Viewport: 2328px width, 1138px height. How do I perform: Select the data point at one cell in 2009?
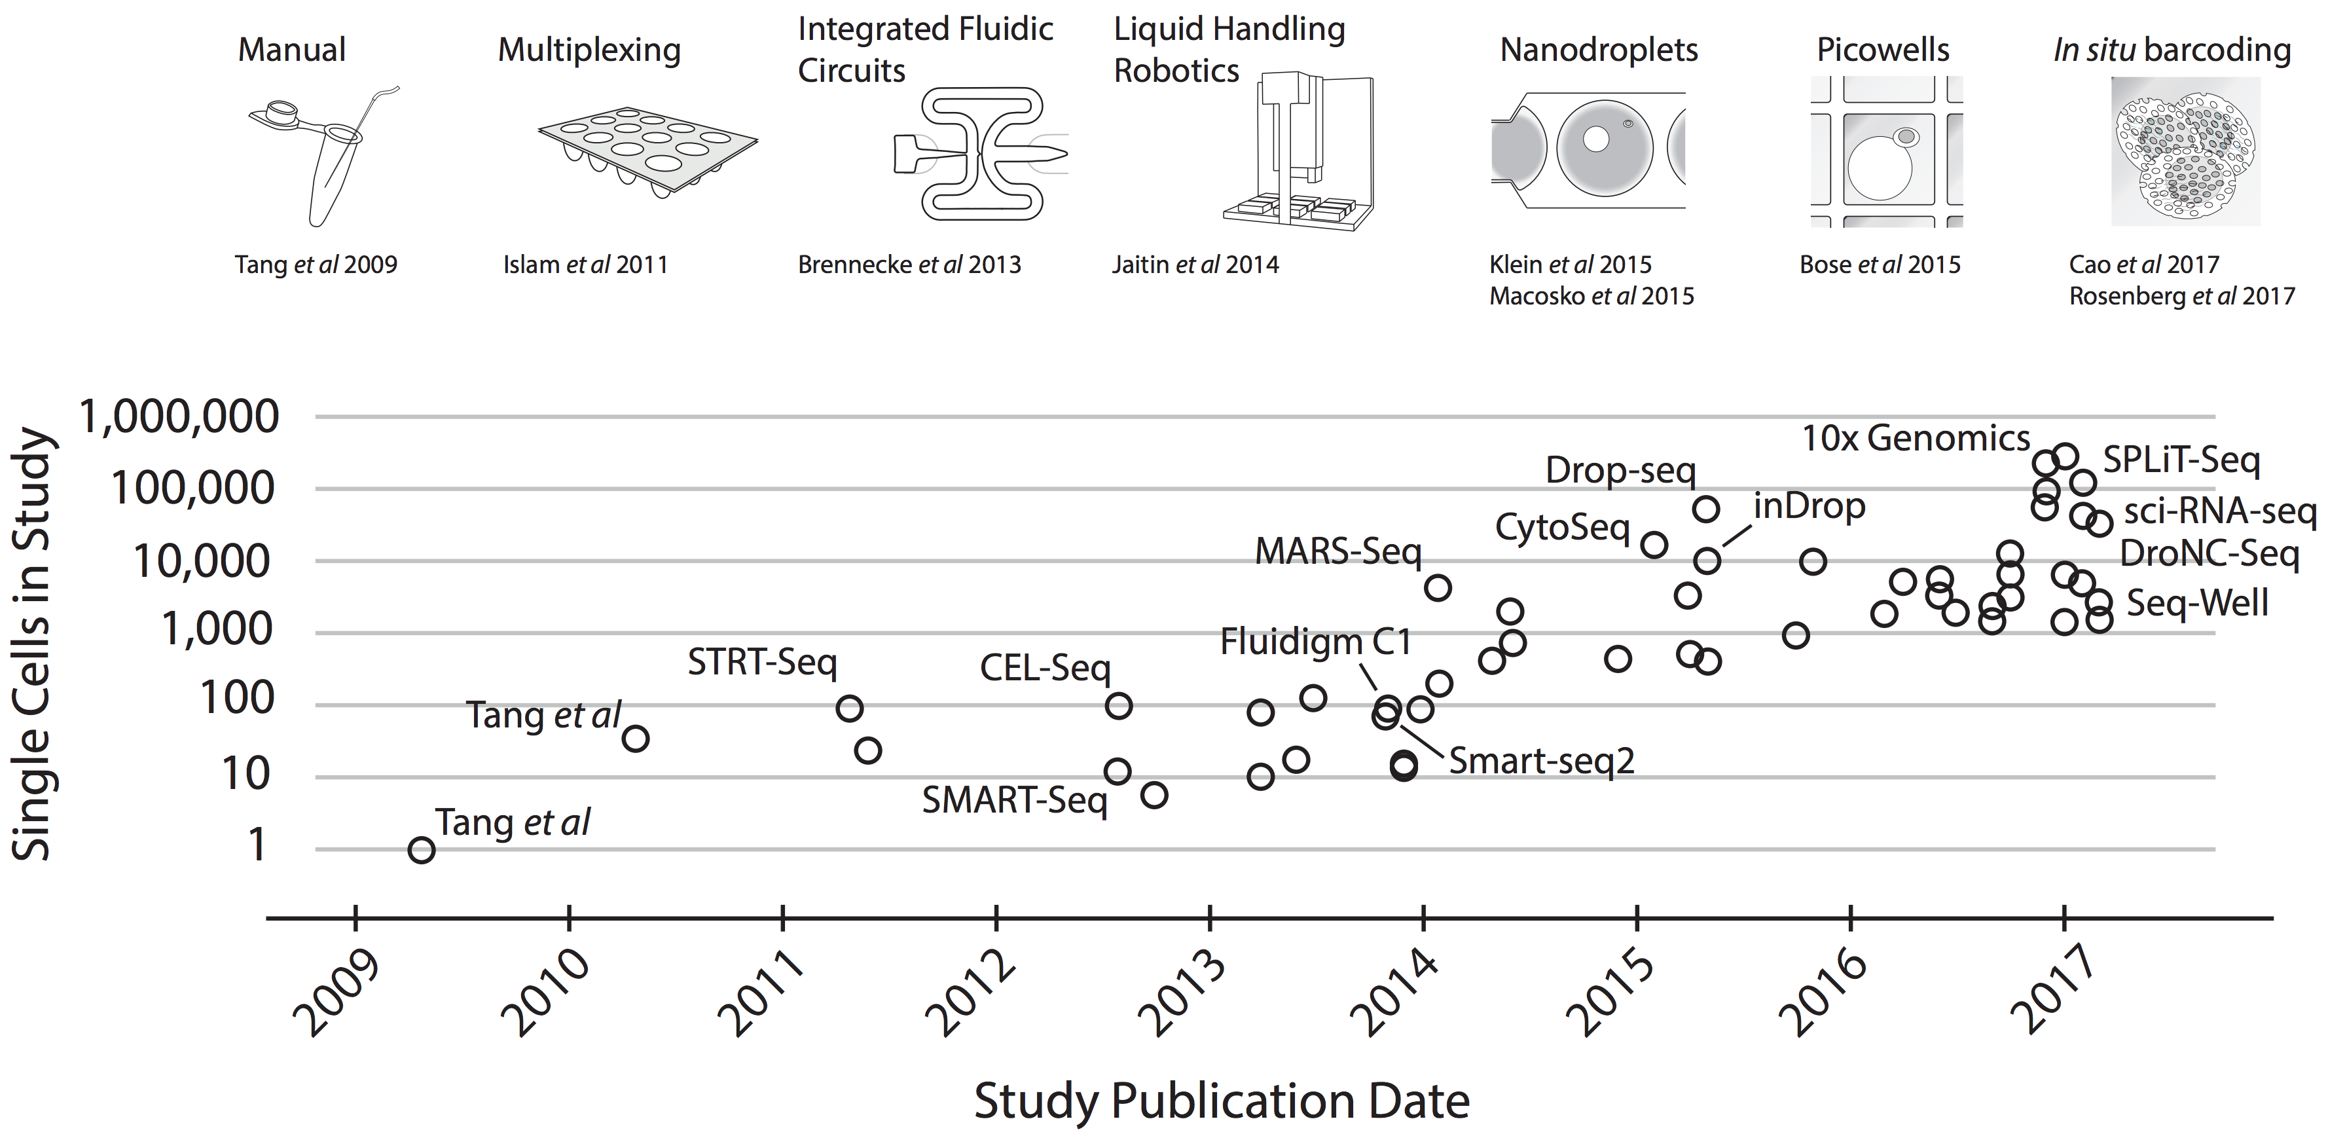tap(421, 850)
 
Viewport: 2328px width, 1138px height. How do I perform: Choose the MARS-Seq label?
tap(1337, 551)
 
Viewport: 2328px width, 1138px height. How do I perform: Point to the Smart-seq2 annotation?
tap(1542, 761)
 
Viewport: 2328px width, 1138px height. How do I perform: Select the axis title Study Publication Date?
tap(1222, 1100)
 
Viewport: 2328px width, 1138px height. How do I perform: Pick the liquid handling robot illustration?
tap(1298, 154)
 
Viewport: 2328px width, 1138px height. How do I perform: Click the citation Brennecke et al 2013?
tap(909, 264)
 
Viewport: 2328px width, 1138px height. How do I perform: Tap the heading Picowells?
tap(1883, 50)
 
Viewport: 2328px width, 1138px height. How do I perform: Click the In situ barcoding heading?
tap(2172, 50)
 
